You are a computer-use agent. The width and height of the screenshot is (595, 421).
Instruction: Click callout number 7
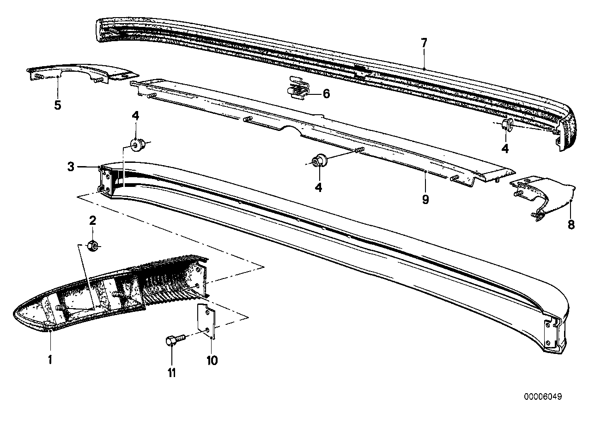(424, 44)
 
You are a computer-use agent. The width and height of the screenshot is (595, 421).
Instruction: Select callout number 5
(57, 105)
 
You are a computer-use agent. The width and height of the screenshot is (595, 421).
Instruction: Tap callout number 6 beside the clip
(326, 94)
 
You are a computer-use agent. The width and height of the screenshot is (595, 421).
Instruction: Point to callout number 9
(425, 199)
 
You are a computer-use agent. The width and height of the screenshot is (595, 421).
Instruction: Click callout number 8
(571, 225)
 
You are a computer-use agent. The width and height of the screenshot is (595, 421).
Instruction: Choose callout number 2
(92, 221)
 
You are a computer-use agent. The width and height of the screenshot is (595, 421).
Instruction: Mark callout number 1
(50, 358)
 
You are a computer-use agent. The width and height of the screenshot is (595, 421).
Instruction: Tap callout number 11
(172, 372)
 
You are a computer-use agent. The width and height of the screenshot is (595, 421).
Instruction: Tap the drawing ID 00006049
(543, 397)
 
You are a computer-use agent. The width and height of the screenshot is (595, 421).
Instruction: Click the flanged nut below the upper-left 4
(138, 145)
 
